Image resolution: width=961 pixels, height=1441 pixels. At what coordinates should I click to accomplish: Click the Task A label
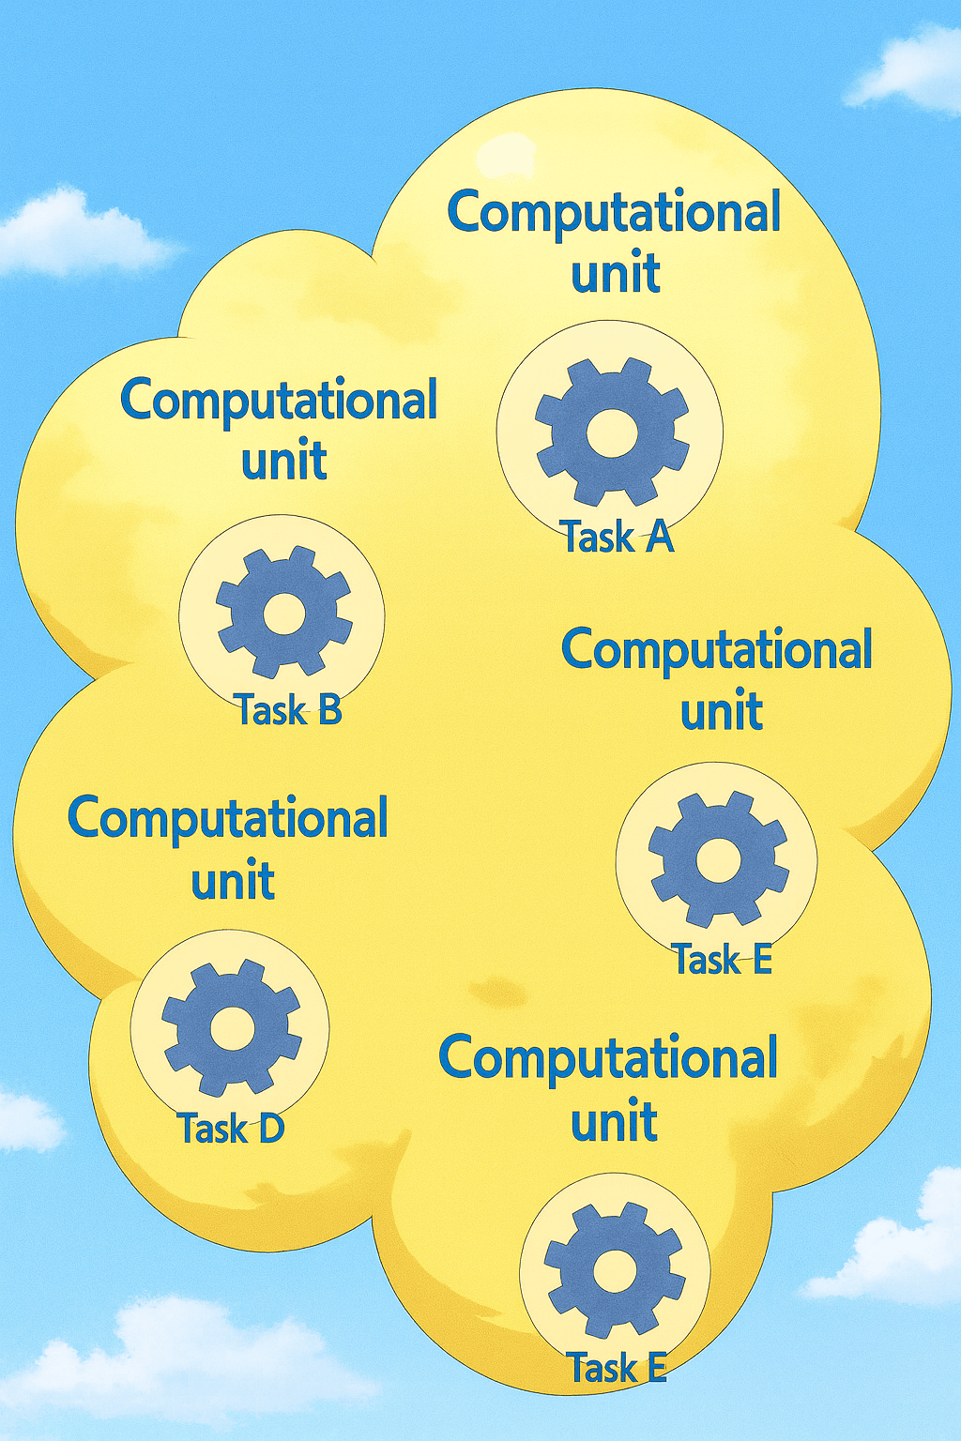(x=618, y=538)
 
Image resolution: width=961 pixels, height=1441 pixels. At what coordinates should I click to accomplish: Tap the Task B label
(x=287, y=709)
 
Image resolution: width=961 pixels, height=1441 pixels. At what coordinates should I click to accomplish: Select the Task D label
(x=231, y=1129)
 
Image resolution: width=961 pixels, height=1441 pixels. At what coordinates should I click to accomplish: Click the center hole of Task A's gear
(x=612, y=432)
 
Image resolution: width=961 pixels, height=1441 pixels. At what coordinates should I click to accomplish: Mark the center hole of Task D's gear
(x=231, y=1028)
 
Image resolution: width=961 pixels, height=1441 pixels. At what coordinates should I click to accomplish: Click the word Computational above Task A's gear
(x=614, y=212)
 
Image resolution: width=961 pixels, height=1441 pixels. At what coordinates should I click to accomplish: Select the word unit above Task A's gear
(x=616, y=273)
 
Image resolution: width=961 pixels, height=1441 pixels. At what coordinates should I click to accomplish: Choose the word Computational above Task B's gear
(x=280, y=400)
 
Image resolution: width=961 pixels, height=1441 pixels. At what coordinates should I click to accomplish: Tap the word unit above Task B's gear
(x=283, y=461)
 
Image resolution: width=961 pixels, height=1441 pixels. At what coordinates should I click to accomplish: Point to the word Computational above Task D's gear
(x=228, y=818)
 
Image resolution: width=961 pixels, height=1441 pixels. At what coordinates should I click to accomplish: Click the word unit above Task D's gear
(x=233, y=880)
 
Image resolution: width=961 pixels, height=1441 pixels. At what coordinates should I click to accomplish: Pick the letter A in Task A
(x=658, y=538)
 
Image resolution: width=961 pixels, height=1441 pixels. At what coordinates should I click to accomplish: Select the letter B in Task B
(x=328, y=709)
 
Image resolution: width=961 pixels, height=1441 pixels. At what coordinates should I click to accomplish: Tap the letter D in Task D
(x=270, y=1129)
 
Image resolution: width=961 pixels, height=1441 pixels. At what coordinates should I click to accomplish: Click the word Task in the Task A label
(x=599, y=538)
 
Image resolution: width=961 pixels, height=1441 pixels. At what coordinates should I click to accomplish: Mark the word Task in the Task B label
(x=270, y=709)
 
